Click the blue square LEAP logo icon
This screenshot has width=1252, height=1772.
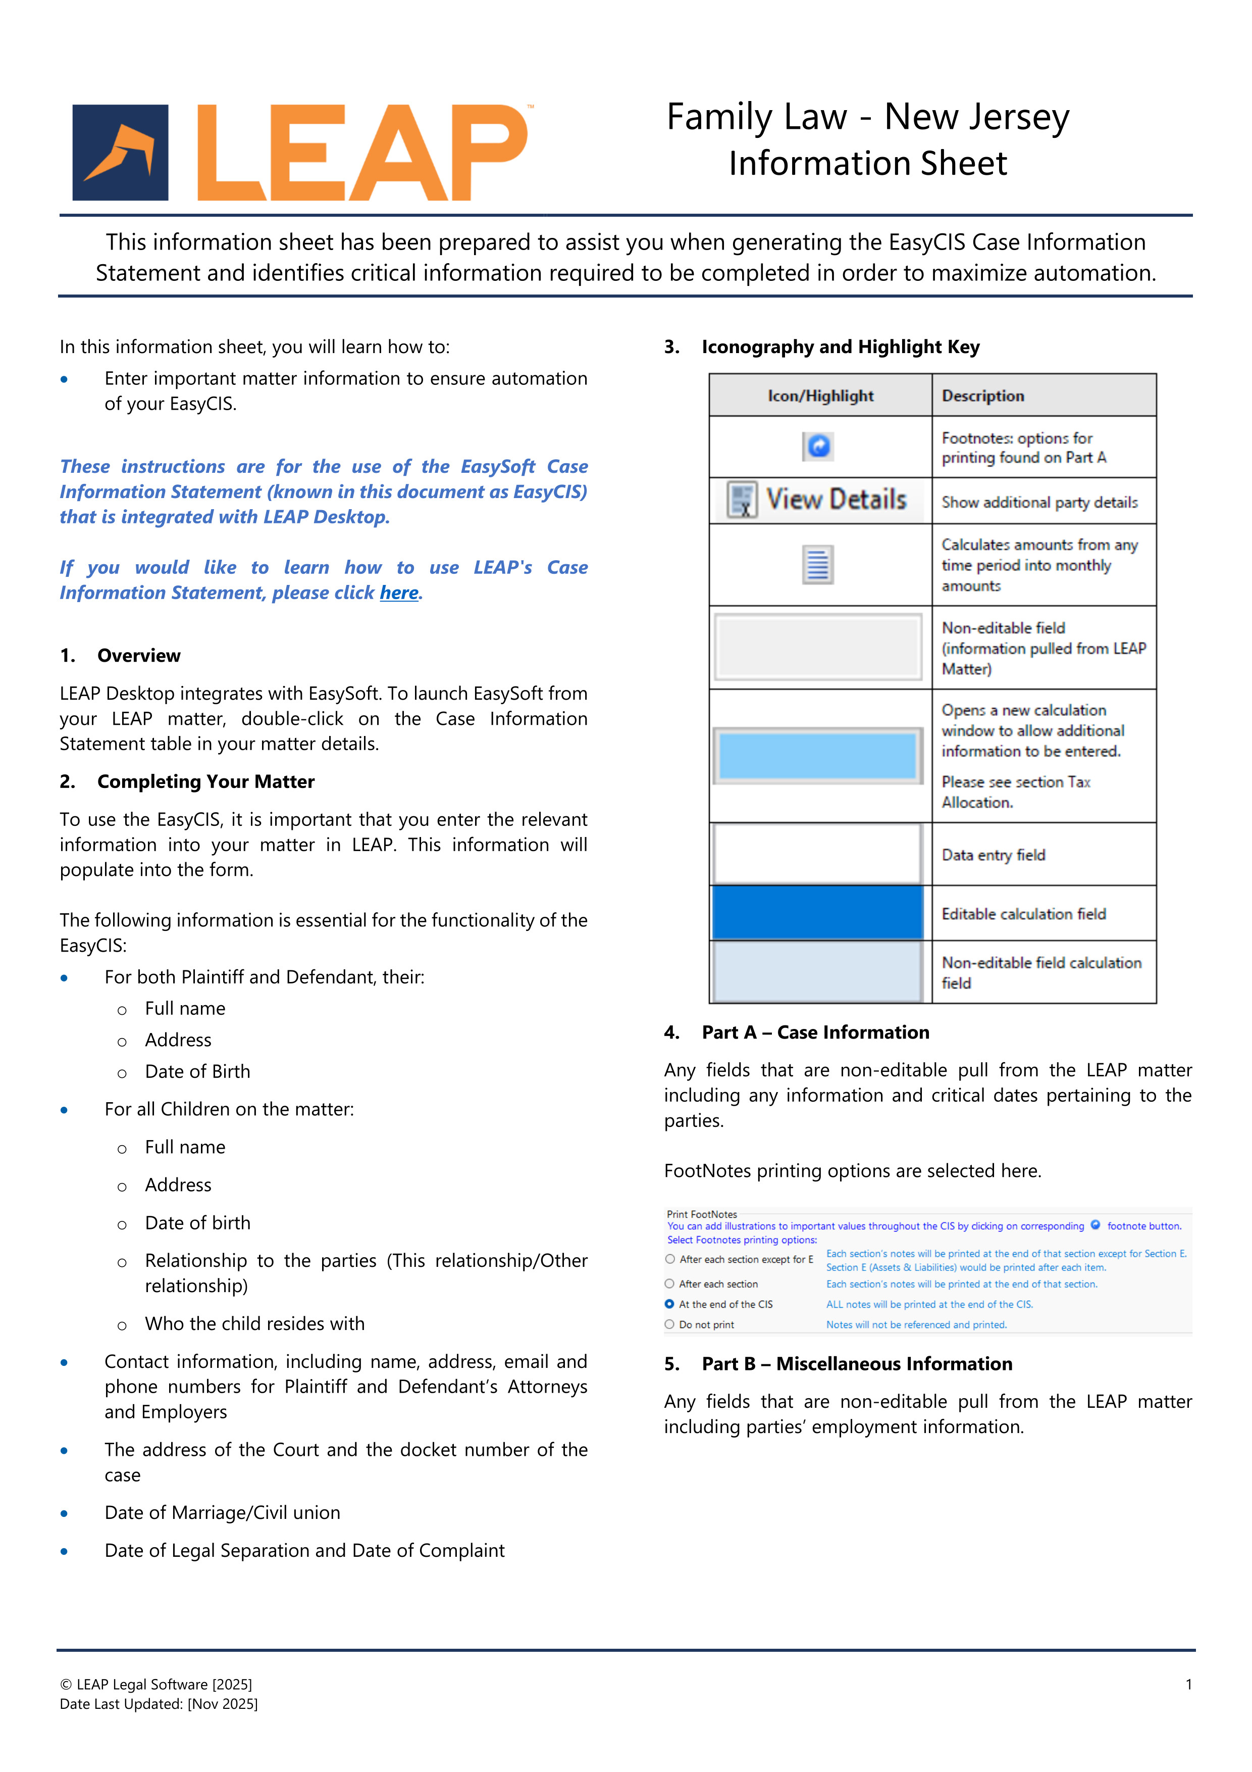pyautogui.click(x=120, y=153)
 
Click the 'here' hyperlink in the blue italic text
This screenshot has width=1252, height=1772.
pyautogui.click(x=399, y=593)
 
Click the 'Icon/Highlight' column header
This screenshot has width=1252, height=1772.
pyautogui.click(x=820, y=396)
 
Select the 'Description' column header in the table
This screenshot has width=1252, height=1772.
pyautogui.click(x=983, y=396)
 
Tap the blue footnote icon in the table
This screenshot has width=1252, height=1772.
pyautogui.click(x=818, y=446)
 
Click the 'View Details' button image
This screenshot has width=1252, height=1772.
pyautogui.click(x=818, y=500)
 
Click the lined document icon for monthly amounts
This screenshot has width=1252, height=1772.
pyautogui.click(x=818, y=564)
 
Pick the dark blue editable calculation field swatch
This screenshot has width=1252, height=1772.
pyautogui.click(x=818, y=913)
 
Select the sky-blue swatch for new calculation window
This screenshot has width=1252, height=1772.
pyautogui.click(x=818, y=756)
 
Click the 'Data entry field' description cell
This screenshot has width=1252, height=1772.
pyautogui.click(x=994, y=855)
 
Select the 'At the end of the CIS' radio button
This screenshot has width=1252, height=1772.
pyautogui.click(x=669, y=1304)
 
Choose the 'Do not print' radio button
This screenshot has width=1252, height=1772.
pyautogui.click(x=669, y=1324)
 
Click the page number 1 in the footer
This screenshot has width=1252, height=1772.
pyautogui.click(x=1189, y=1684)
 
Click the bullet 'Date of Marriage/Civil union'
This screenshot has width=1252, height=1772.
pyautogui.click(x=222, y=1513)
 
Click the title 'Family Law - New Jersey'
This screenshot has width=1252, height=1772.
pyautogui.click(x=867, y=117)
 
